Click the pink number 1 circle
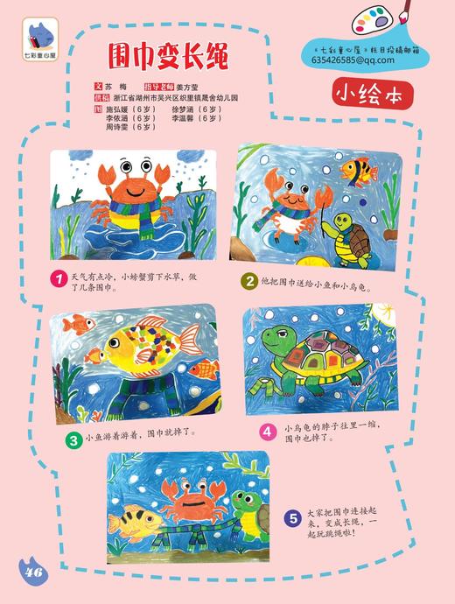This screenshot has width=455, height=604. tap(58, 278)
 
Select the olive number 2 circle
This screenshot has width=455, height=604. tap(250, 281)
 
